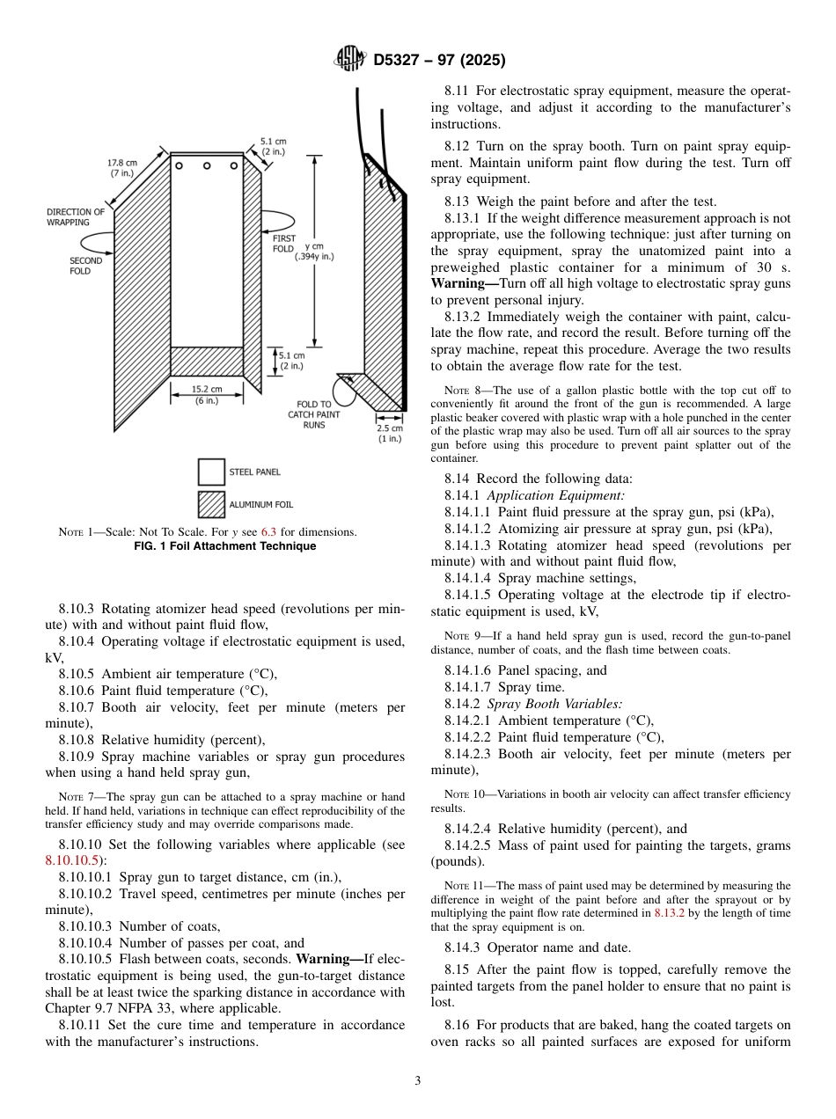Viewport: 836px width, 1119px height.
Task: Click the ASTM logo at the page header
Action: (349, 60)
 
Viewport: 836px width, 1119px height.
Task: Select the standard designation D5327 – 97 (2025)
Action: (439, 61)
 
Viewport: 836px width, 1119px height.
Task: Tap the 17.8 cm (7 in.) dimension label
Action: (122, 168)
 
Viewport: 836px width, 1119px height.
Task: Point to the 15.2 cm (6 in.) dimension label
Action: (207, 394)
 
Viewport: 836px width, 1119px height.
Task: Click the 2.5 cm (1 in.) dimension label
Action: (390, 433)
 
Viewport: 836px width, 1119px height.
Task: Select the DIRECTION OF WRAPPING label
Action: (75, 217)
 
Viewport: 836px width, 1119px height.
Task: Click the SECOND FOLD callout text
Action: (85, 266)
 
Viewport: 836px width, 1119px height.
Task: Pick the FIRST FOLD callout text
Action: (283, 244)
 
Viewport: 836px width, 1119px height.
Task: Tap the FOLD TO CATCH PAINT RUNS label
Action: (314, 414)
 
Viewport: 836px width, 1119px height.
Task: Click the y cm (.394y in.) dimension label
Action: (314, 252)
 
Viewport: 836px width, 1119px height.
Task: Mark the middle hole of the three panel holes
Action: (207, 165)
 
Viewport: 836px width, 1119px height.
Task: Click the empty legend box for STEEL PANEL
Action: (211, 472)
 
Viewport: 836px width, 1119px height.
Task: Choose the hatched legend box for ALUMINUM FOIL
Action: (211, 505)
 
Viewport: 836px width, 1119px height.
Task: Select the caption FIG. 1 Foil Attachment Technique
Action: (224, 546)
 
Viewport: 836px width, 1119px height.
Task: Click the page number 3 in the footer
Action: (418, 1080)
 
